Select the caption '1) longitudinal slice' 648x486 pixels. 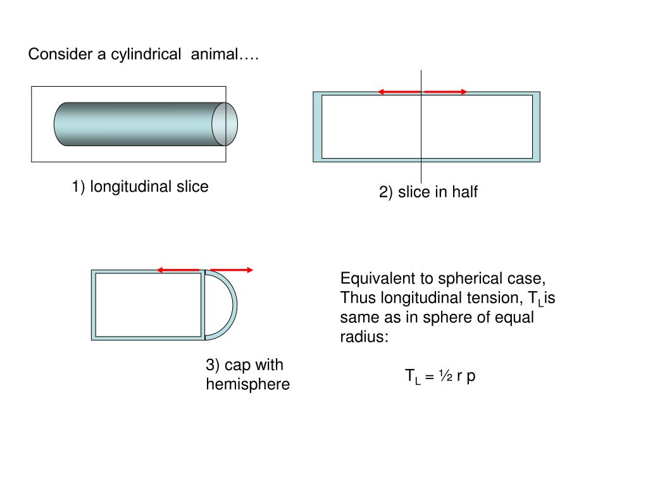[x=140, y=187]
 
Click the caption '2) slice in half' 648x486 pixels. [x=428, y=192]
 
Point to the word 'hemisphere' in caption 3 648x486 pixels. [x=247, y=384]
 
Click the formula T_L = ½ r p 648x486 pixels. [x=440, y=376]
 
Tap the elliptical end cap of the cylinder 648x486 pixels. [x=225, y=123]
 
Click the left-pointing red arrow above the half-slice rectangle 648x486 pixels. [x=399, y=92]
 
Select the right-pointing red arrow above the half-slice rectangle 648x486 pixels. [x=445, y=92]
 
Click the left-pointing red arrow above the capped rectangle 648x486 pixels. [x=178, y=270]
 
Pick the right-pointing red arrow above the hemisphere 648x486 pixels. [x=232, y=270]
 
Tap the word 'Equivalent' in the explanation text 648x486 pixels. [x=373, y=278]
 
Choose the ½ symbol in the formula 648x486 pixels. [x=445, y=376]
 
